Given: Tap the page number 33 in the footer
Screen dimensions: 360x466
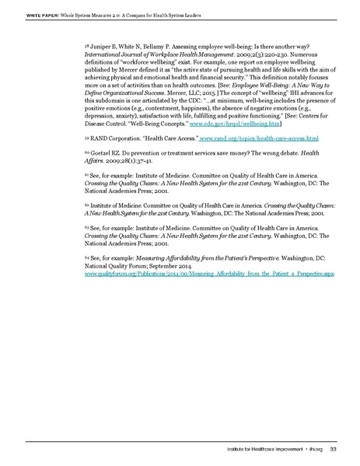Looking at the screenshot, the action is [x=333, y=447].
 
